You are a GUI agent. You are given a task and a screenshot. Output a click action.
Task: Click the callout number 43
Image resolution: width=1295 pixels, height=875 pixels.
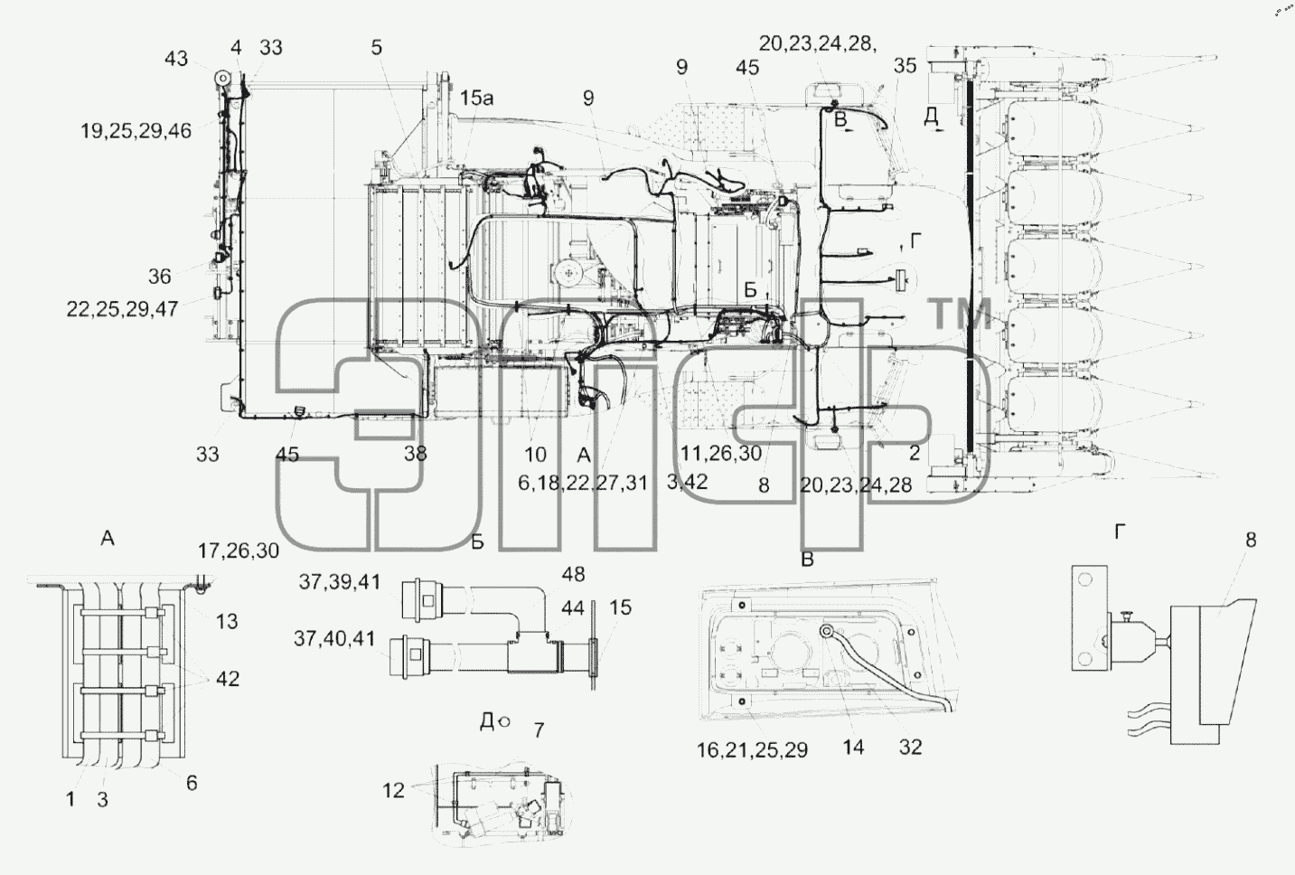(x=176, y=59)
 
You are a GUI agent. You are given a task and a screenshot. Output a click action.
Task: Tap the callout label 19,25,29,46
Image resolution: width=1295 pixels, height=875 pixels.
(x=136, y=131)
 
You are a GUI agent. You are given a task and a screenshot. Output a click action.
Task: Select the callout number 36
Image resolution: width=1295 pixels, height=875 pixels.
(x=160, y=277)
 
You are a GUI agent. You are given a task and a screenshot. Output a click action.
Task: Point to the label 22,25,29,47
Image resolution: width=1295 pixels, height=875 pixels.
(x=122, y=309)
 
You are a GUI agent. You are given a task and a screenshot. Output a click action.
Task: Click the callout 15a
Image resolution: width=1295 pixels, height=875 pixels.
(x=477, y=99)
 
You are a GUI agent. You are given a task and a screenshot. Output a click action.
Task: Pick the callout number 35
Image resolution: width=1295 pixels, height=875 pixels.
(x=905, y=66)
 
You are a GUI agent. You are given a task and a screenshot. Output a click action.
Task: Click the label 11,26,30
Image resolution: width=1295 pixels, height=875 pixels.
(x=721, y=454)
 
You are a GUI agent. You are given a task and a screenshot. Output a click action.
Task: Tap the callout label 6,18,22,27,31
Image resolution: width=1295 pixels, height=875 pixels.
(x=583, y=483)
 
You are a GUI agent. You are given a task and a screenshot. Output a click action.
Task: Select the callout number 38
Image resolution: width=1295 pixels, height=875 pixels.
(x=415, y=454)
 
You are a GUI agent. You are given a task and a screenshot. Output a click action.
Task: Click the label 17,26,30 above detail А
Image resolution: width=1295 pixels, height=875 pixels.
(x=239, y=550)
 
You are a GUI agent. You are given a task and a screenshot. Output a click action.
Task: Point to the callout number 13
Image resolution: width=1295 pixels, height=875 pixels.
(x=227, y=621)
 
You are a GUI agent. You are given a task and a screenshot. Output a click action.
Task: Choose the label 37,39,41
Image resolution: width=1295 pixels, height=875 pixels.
(x=340, y=582)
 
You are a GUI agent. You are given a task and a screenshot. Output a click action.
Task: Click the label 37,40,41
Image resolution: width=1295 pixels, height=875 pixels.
(x=334, y=639)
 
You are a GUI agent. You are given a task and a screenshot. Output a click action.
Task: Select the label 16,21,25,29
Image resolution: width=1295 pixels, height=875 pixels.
(x=752, y=750)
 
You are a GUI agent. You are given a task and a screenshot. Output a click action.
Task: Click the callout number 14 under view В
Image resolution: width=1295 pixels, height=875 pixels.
(x=853, y=748)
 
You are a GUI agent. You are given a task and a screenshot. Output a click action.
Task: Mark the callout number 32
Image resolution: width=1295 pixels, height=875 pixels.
(x=910, y=748)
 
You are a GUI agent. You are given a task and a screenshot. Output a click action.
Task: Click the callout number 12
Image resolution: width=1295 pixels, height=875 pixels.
(x=393, y=791)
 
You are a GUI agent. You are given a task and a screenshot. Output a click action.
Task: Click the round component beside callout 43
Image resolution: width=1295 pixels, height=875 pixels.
(x=221, y=78)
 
